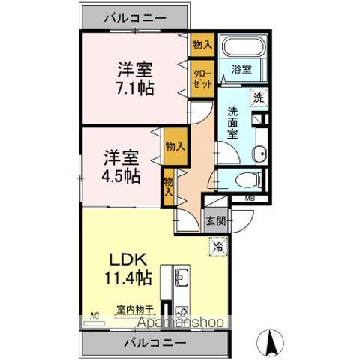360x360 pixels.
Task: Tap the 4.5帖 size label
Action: [x=121, y=177]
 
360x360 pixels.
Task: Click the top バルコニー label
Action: [x=135, y=16]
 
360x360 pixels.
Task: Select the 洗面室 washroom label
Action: [x=233, y=123]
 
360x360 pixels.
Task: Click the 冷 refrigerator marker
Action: [x=218, y=245]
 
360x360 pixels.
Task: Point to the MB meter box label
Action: [x=249, y=199]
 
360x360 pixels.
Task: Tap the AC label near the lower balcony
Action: [x=94, y=316]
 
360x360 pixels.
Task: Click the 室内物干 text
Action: [x=135, y=307]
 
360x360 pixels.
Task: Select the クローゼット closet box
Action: [x=202, y=78]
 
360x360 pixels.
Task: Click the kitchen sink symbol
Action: [x=182, y=280]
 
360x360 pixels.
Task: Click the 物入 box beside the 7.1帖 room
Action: [x=202, y=45]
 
